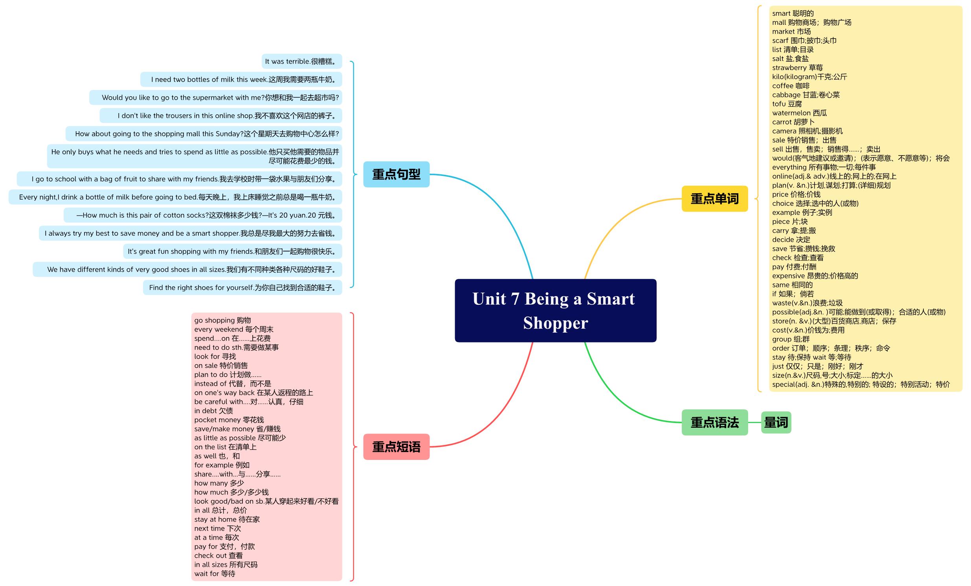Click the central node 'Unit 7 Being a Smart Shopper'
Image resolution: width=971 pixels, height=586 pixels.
point(555,310)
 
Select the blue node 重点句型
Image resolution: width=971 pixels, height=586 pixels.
point(396,174)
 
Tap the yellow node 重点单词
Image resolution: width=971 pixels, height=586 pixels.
point(714,198)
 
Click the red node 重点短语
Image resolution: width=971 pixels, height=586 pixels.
point(396,447)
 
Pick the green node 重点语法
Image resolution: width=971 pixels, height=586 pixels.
point(714,422)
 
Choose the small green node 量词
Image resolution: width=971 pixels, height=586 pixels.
point(776,422)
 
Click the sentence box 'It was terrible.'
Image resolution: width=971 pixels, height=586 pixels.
point(301,61)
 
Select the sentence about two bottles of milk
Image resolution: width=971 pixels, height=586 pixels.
point(241,80)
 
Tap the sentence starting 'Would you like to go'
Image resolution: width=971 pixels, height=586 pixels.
point(216,98)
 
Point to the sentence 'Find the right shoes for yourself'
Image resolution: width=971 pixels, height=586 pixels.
point(242,288)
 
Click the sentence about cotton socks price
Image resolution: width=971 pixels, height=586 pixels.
point(202,215)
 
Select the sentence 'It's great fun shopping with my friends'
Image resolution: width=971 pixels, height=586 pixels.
point(233,251)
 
